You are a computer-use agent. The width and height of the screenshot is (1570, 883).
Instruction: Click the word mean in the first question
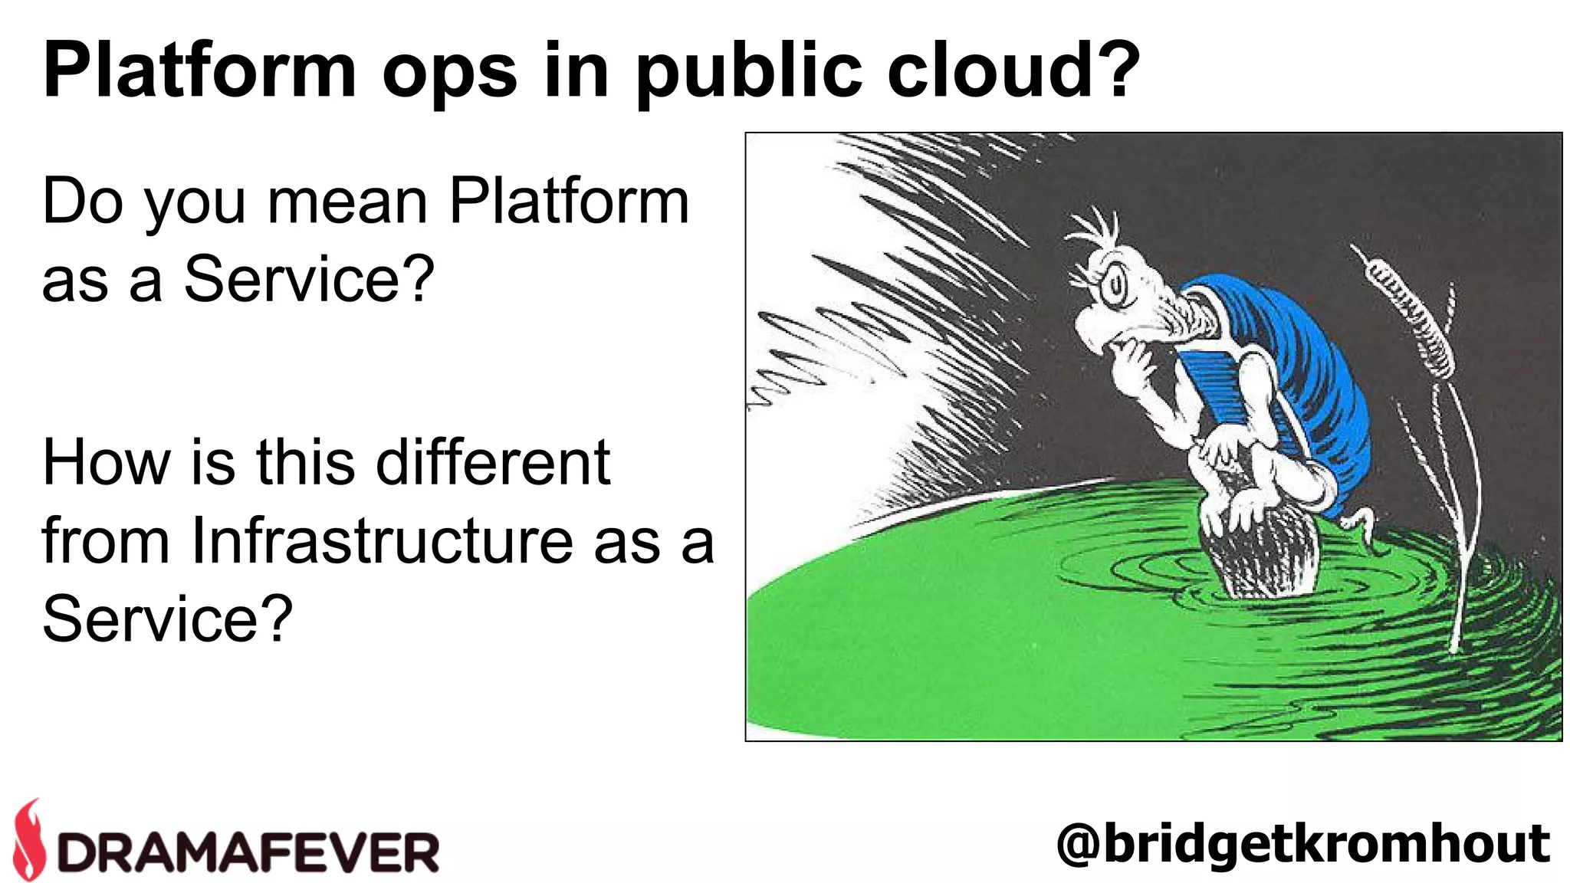(x=347, y=202)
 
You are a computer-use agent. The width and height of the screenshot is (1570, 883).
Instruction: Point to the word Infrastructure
(x=383, y=540)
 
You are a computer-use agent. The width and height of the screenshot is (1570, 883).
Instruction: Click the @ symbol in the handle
(x=1079, y=845)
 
